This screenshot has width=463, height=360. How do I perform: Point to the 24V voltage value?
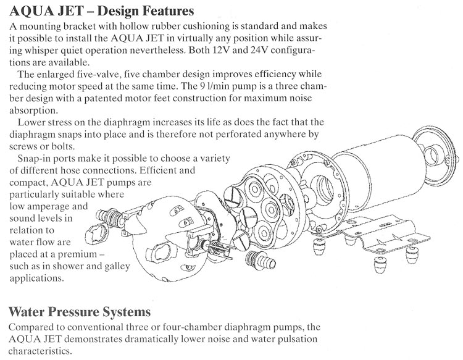[x=259, y=50]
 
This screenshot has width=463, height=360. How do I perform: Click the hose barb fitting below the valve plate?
[x=261, y=261]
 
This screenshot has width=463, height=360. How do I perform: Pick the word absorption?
[x=33, y=111]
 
